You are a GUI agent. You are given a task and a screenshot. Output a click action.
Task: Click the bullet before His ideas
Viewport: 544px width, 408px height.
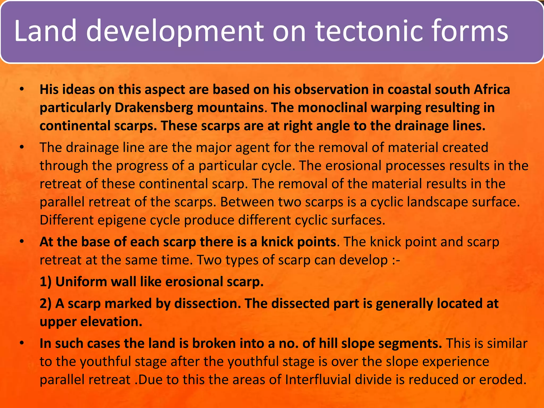tap(22, 90)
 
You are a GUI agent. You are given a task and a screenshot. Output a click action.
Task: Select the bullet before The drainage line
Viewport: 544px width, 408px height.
tap(22, 147)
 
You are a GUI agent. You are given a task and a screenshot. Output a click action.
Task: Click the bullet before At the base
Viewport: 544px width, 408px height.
tap(22, 242)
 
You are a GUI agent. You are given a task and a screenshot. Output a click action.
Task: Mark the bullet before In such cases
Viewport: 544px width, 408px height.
tap(22, 343)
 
